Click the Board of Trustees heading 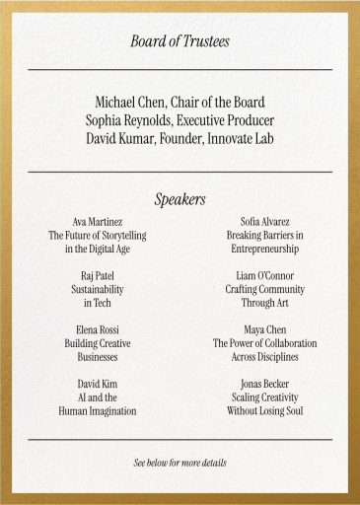pos(180,40)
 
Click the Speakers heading pos(180,199)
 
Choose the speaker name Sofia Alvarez pos(264,222)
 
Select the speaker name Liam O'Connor pos(264,276)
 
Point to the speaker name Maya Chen pos(264,329)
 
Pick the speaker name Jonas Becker pos(264,383)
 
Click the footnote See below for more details pos(180,463)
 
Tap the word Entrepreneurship pos(264,250)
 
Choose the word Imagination pos(110,410)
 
